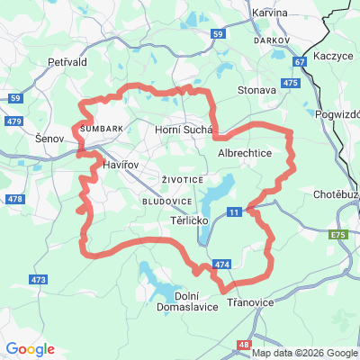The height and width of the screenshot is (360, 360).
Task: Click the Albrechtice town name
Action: [245, 154]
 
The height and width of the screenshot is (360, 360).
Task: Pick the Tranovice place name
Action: [251, 303]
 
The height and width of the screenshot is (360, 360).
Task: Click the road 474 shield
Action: [222, 265]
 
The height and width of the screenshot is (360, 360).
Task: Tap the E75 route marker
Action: [337, 234]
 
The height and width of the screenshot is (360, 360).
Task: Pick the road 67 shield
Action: [300, 62]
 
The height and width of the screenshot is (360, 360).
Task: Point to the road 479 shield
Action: [13, 121]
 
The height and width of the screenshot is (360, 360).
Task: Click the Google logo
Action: [30, 349]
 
